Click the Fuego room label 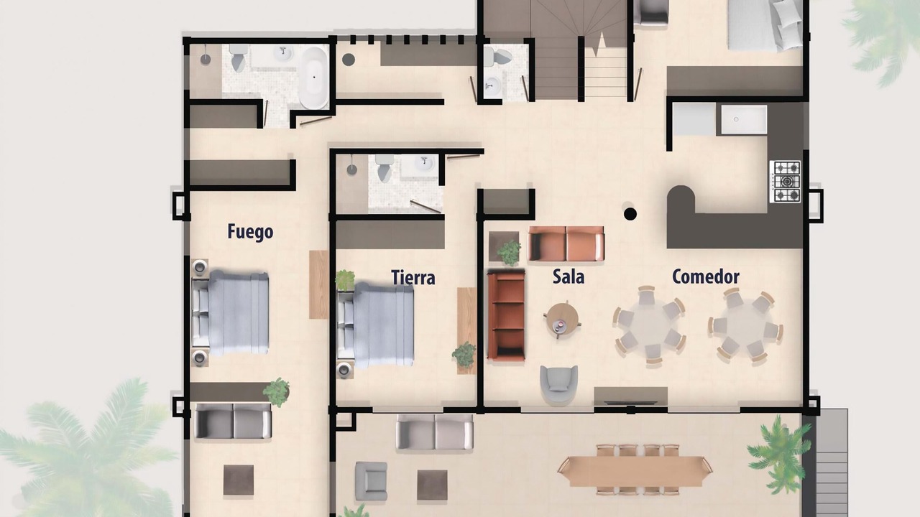(x=250, y=232)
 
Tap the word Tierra (x=413, y=277)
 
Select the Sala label (x=569, y=276)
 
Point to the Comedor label (x=706, y=276)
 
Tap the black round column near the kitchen (x=630, y=214)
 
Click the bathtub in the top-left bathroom (x=314, y=78)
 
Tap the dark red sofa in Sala (x=506, y=315)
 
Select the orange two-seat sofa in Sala (x=566, y=243)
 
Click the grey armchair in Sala (x=558, y=384)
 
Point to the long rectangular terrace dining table (x=635, y=470)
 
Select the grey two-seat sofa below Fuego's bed (x=233, y=421)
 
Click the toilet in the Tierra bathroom (x=385, y=168)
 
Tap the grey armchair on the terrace (x=372, y=481)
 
